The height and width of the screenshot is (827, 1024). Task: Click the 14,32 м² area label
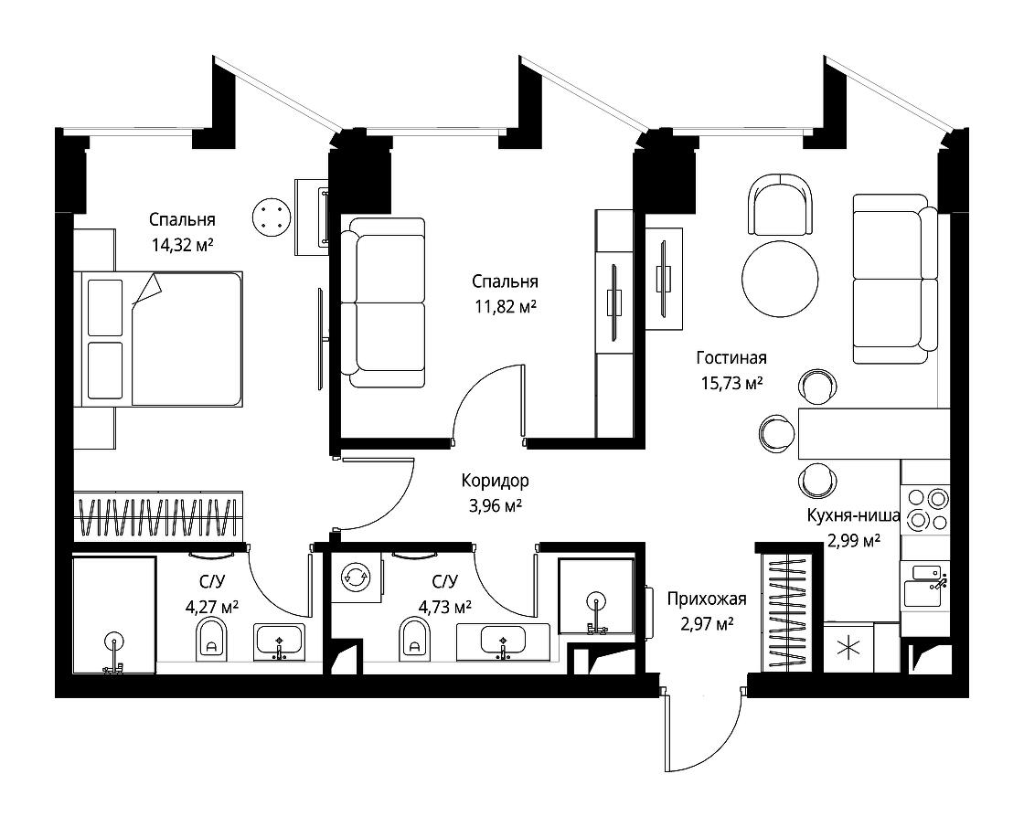pos(182,244)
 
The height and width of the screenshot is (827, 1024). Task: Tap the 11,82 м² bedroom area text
pos(504,307)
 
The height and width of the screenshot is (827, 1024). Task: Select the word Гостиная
pos(731,358)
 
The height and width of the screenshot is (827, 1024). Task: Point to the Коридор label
pos(495,480)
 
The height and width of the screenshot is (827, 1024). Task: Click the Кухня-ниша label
pos(853,516)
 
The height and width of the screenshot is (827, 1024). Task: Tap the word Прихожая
pos(707,599)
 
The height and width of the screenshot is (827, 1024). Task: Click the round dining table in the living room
pos(780,280)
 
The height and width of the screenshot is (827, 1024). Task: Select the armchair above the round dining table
pos(780,205)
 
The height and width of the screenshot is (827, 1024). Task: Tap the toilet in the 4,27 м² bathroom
pos(211,639)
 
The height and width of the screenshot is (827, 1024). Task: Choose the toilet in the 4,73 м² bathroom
pos(415,639)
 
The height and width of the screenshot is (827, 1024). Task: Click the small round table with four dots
pos(272,217)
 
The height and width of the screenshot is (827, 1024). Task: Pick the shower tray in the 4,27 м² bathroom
pos(113,616)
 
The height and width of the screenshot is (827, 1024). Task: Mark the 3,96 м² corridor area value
pos(495,505)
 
